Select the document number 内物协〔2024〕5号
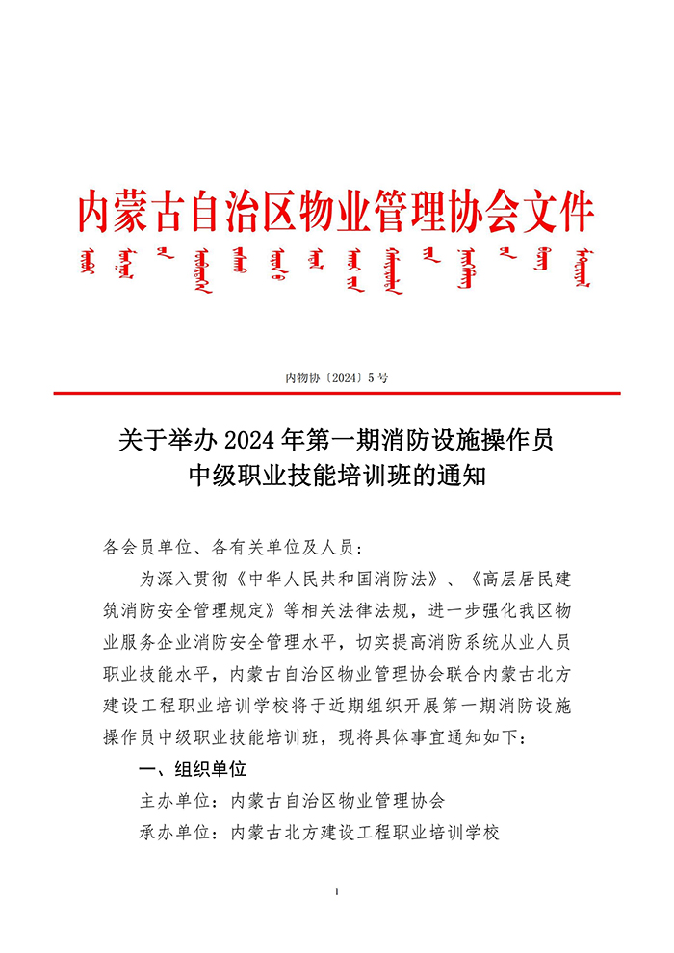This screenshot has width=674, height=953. pyautogui.click(x=336, y=376)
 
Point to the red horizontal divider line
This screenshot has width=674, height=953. pyautogui.click(x=336, y=393)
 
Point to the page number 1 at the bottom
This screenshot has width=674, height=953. pyautogui.click(x=336, y=892)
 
